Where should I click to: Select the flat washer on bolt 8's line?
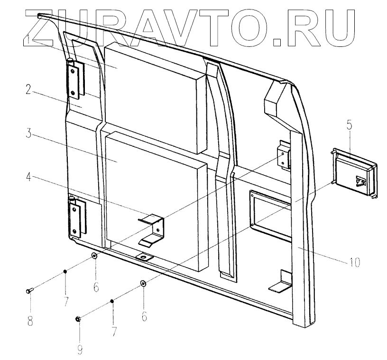pos(94,256)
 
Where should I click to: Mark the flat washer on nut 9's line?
pos(143,284)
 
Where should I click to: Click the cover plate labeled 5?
pos(356,174)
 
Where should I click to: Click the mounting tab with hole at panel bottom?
pos(144,257)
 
